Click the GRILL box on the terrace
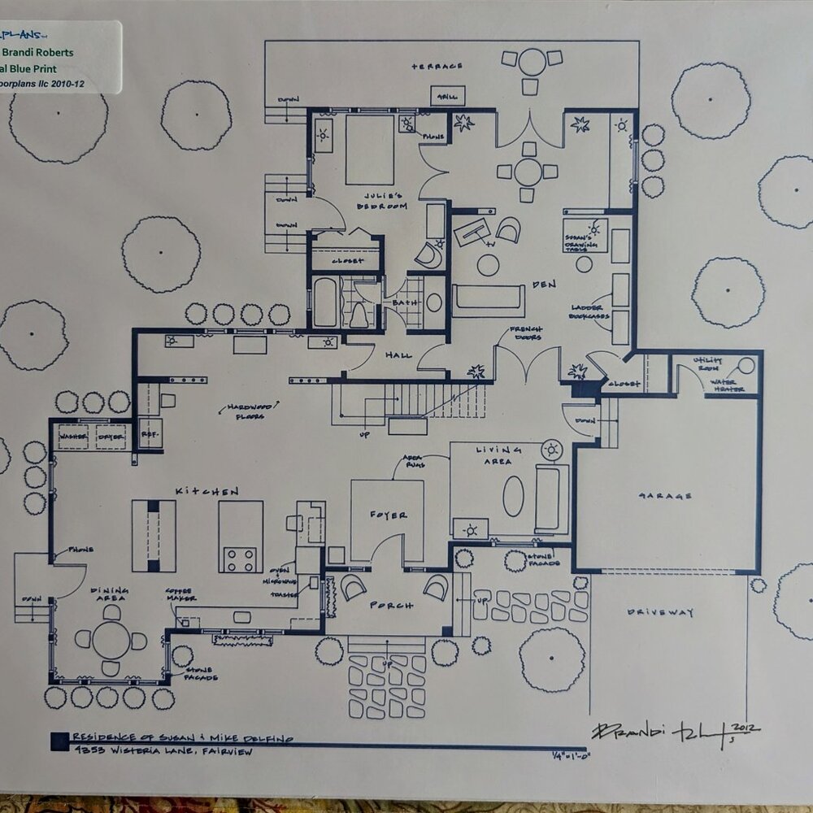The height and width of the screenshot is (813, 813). click(x=447, y=95)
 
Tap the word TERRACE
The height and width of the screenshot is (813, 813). click(x=437, y=66)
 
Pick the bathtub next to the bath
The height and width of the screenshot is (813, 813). click(x=325, y=302)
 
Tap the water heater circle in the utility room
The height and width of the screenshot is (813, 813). click(x=746, y=366)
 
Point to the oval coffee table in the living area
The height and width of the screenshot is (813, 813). click(x=513, y=496)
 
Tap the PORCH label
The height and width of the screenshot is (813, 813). click(x=391, y=606)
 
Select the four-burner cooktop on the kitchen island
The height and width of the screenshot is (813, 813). click(x=240, y=559)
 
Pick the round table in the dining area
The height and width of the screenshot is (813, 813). click(x=111, y=640)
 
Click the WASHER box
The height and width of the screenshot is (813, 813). click(x=74, y=437)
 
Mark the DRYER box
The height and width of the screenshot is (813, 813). click(x=111, y=437)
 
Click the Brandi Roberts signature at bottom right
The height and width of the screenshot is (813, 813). click(x=667, y=731)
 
